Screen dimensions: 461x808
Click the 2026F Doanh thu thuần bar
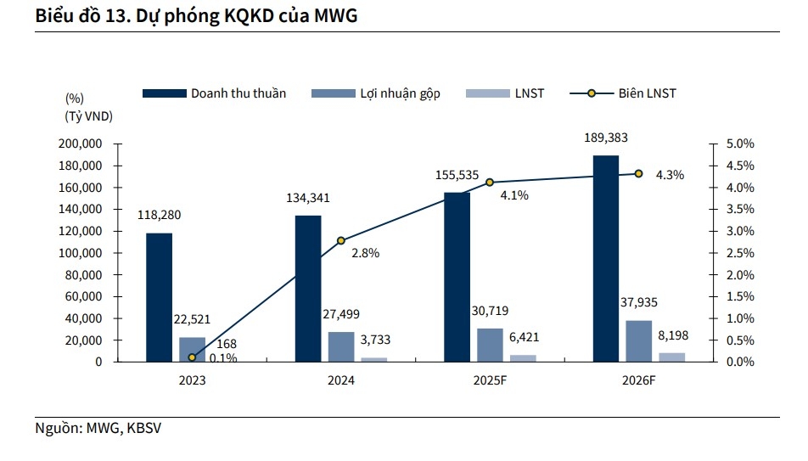coord(606,258)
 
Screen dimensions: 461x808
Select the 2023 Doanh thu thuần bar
coord(159,297)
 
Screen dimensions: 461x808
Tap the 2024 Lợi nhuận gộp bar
coord(341,346)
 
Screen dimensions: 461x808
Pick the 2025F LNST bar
coord(523,358)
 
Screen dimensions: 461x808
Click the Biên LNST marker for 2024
coord(341,240)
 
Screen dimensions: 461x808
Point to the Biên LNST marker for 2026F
coord(638,173)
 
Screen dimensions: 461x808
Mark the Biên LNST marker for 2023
coord(192,357)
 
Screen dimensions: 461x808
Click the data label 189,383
coord(606,138)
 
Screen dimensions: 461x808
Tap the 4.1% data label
coord(515,195)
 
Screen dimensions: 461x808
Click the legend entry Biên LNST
coord(647,93)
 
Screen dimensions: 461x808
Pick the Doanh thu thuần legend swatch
coord(164,93)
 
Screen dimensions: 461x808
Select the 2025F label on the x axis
coord(490,380)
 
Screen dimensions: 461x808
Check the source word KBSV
coord(143,429)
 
